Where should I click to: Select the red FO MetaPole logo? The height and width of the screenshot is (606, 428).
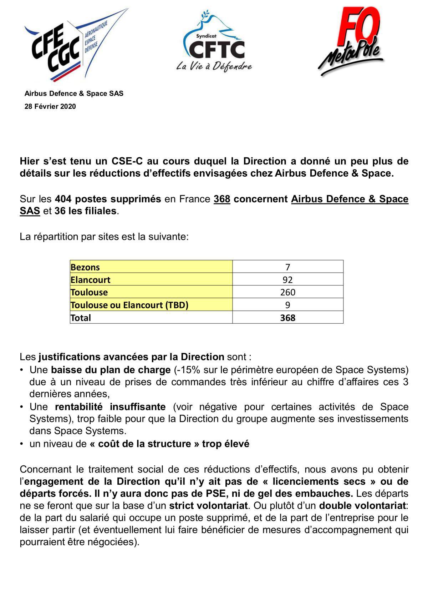pyautogui.click(x=351, y=41)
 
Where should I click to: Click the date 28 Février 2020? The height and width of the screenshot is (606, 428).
pyautogui.click(x=50, y=106)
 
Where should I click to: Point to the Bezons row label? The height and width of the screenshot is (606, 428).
pyautogui.click(x=85, y=267)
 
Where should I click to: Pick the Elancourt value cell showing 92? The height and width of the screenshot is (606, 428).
pyautogui.click(x=287, y=280)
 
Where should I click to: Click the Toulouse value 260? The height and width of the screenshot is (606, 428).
pyautogui.click(x=287, y=292)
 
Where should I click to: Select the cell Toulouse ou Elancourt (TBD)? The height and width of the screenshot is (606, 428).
pyautogui.click(x=129, y=305)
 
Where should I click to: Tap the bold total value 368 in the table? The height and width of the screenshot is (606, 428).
pyautogui.click(x=287, y=318)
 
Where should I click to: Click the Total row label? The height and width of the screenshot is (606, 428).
pyautogui.click(x=81, y=318)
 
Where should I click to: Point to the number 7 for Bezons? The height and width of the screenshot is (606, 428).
pyautogui.click(x=287, y=267)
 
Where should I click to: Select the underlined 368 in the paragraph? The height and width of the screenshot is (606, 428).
pyautogui.click(x=222, y=199)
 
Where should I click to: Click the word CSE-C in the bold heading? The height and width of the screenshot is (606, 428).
pyautogui.click(x=127, y=161)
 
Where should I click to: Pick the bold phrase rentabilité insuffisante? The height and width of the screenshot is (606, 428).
pyautogui.click(x=110, y=406)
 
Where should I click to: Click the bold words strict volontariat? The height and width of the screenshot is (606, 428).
pyautogui.click(x=208, y=505)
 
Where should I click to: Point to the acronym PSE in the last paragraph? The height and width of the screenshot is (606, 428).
pyautogui.click(x=215, y=494)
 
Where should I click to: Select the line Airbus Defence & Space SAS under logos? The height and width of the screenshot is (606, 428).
pyautogui.click(x=74, y=94)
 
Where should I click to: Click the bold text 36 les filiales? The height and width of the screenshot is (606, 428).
pyautogui.click(x=86, y=211)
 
